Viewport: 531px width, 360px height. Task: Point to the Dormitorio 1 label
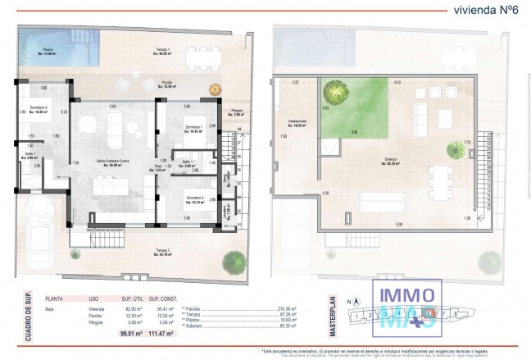pyautogui.click(x=194, y=128)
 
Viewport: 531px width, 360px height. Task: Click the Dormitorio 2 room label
pyautogui.click(x=194, y=198)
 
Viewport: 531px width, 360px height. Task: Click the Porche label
pyautogui.click(x=167, y=84)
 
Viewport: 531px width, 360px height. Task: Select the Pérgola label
pyautogui.click(x=236, y=112)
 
